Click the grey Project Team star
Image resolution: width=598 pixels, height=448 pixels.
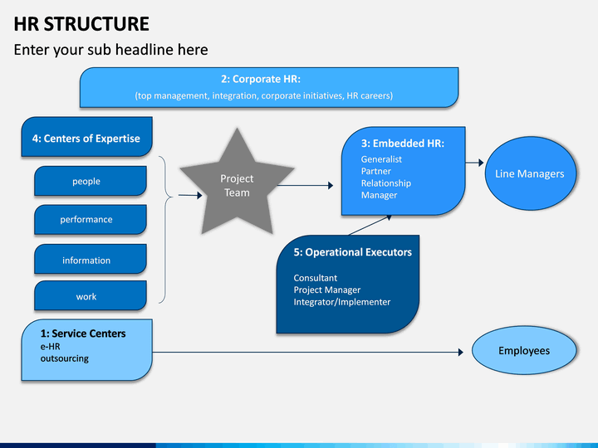pos(237,187)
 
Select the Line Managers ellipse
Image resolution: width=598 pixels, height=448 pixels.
pos(530,173)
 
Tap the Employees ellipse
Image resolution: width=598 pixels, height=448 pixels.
pos(524,350)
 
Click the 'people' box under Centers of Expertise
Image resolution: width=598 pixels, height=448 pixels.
pos(91,181)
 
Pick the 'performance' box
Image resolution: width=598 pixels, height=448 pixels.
pos(91,219)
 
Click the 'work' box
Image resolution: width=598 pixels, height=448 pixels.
pos(91,295)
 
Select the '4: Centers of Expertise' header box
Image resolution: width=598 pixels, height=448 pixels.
pos(87,137)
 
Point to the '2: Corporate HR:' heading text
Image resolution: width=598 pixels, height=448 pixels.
pos(261,80)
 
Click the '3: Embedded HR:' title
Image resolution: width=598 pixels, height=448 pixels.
pos(403,144)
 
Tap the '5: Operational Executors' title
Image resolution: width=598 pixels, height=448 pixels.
pos(353,252)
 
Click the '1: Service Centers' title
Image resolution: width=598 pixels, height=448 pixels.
pos(83,334)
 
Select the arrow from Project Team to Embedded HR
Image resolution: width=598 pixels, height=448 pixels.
pos(305,186)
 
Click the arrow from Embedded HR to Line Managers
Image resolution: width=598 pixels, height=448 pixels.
pos(474,163)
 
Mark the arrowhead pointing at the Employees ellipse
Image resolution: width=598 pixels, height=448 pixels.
pos(461,353)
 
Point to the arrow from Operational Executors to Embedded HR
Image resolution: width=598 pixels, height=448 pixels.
pos(370,225)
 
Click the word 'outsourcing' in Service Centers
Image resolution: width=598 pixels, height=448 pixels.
pos(65,358)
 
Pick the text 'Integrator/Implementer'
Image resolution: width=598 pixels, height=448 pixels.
pos(342,302)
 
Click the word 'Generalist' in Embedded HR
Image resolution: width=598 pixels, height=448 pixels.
pos(381,159)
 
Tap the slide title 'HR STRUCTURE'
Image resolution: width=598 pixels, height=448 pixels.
pos(81,24)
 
